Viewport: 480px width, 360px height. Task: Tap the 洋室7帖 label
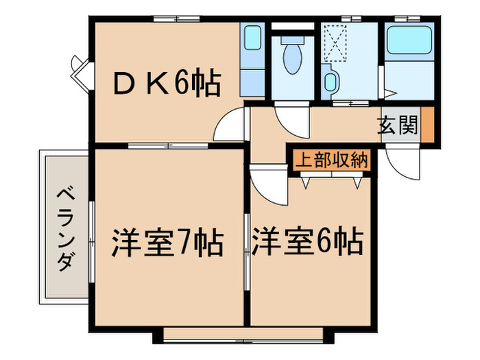(x=167, y=242)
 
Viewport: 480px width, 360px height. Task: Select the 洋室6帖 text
(x=307, y=241)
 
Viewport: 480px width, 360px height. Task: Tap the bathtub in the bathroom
(x=410, y=42)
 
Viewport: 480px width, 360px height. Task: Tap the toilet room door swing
(x=292, y=115)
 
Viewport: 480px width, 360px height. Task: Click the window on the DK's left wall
(x=80, y=71)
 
